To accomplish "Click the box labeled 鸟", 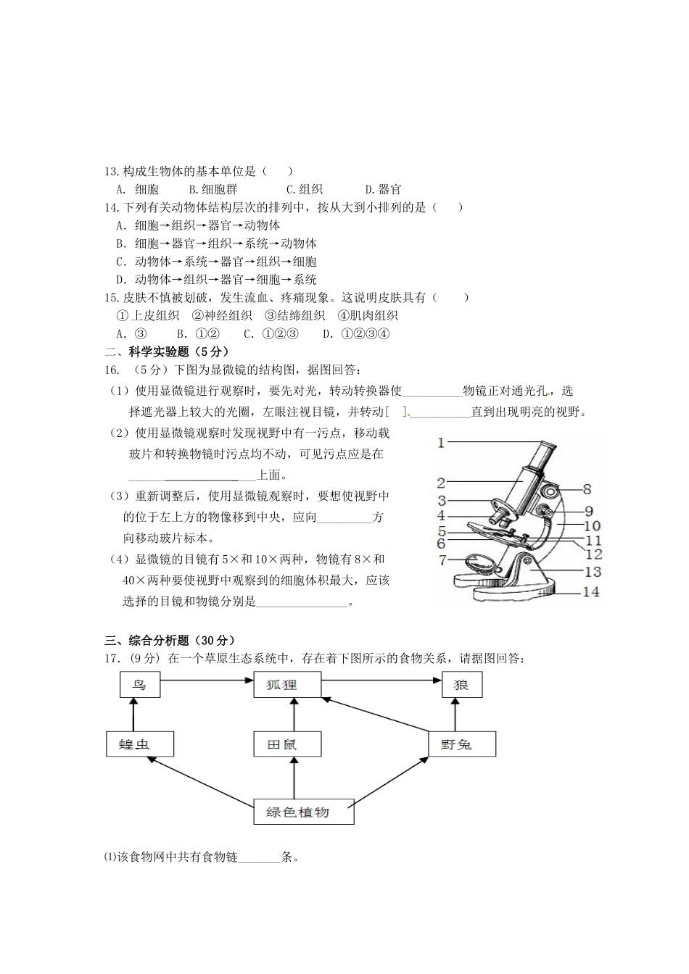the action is coord(139,685).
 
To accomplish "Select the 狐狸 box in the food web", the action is coord(286,685).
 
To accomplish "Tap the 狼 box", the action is coord(461,685).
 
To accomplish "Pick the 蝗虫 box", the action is coord(139,744).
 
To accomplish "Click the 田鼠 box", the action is coord(286,744).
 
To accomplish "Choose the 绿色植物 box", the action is coord(303,812).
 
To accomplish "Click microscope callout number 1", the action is coord(441,442).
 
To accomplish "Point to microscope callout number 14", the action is coord(591,592).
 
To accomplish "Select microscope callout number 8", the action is coord(587,489).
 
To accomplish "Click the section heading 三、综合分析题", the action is coord(170,641).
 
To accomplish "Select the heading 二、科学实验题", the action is coord(156,352).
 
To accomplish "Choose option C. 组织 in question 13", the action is coord(305,190).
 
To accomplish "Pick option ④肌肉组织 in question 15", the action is coord(368,315).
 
